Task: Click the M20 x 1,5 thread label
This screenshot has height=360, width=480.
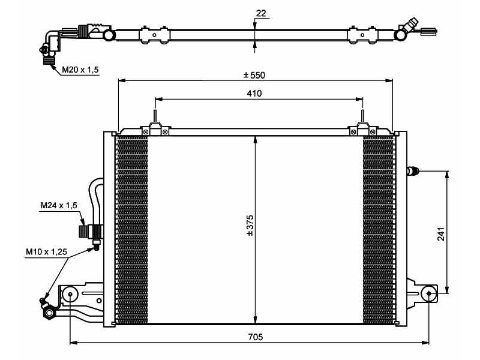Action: tap(80, 70)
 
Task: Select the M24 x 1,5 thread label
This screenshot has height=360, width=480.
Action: tap(59, 206)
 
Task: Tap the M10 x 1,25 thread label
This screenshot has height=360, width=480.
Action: tap(46, 252)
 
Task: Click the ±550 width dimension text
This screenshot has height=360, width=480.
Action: tap(254, 75)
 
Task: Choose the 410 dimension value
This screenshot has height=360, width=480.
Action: tap(254, 93)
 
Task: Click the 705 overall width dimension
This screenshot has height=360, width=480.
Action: tap(255, 337)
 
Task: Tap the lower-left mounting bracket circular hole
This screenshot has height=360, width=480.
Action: tap(70, 294)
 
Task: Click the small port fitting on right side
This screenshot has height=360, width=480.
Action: tap(412, 172)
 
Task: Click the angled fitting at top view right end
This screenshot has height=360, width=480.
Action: tap(409, 27)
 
